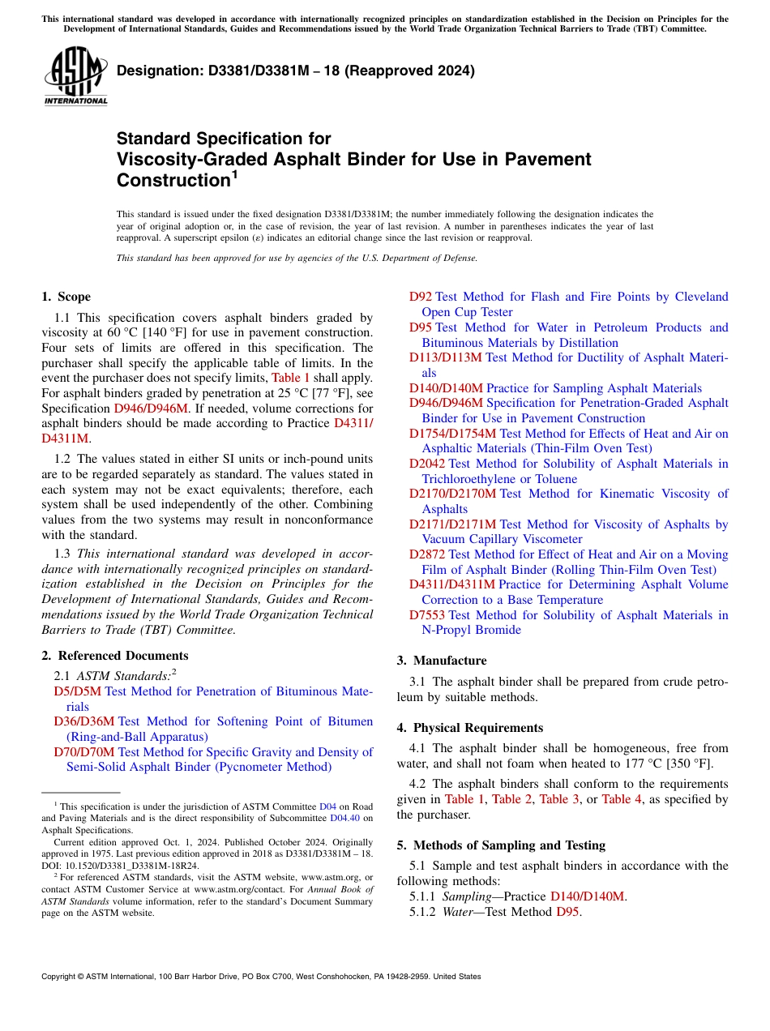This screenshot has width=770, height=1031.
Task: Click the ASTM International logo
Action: (x=75, y=76)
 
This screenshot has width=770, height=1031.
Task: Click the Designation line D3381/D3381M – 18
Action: (x=296, y=71)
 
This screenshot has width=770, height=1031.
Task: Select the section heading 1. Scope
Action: (x=66, y=297)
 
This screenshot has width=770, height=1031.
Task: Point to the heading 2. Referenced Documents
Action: (x=115, y=656)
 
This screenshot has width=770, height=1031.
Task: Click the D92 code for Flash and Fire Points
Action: (x=420, y=297)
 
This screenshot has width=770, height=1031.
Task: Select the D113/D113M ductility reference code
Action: (x=445, y=357)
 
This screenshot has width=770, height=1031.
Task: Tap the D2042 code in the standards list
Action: (x=426, y=464)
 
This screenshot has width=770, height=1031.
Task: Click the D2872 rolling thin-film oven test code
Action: (x=426, y=554)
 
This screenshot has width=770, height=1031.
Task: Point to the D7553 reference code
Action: (x=426, y=615)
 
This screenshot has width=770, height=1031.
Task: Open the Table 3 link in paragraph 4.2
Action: (x=559, y=799)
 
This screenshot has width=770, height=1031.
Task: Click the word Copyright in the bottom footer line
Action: (x=61, y=977)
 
